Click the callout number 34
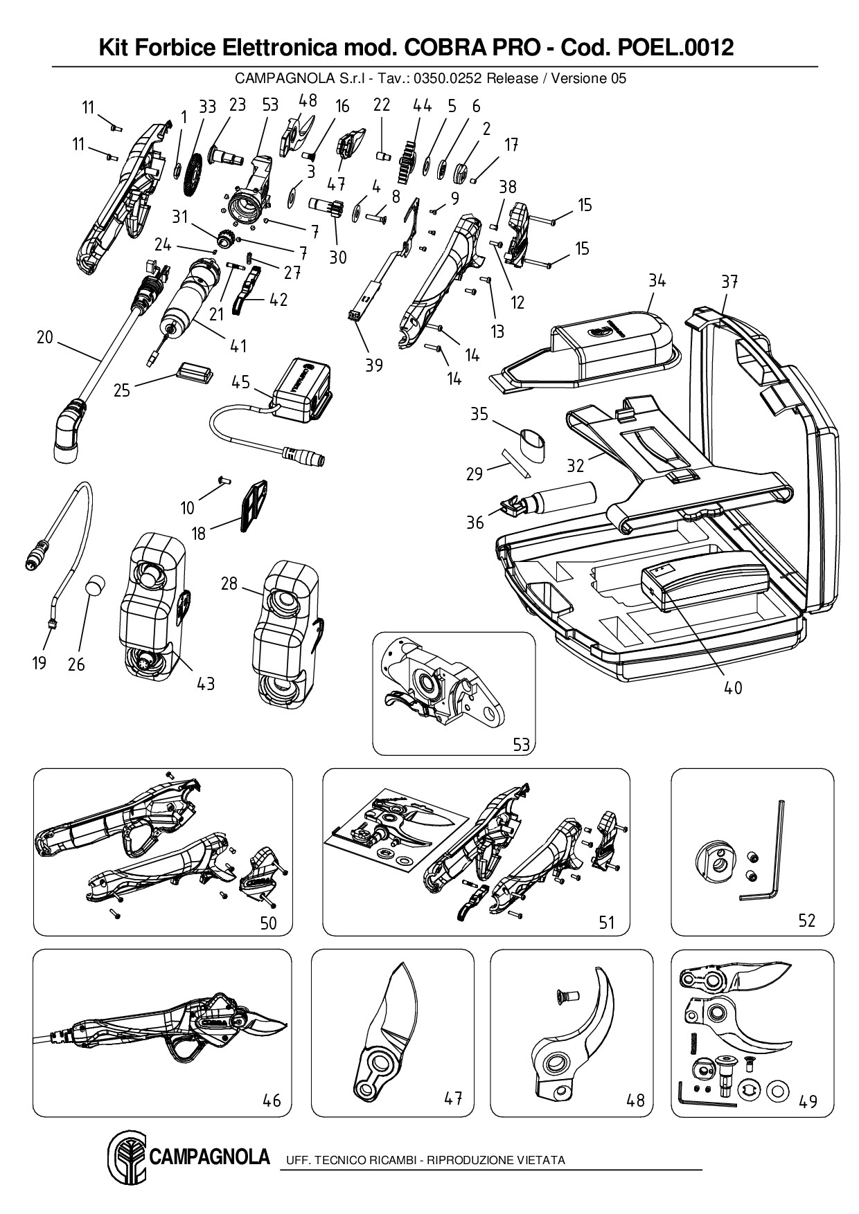pyautogui.click(x=657, y=281)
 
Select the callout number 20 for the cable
pyautogui.click(x=44, y=337)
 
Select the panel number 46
pyautogui.click(x=272, y=1100)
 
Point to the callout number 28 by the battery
pyautogui.click(x=229, y=583)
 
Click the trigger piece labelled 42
pyautogui.click(x=242, y=293)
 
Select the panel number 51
pyautogui.click(x=606, y=923)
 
